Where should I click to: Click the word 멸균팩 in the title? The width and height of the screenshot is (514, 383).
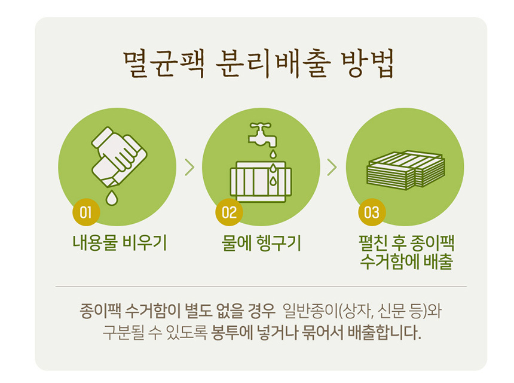(x=164, y=63)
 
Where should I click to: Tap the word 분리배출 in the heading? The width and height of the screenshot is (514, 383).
(x=273, y=63)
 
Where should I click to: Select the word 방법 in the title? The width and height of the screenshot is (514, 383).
(x=367, y=63)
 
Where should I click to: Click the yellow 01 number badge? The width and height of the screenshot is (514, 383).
(x=86, y=212)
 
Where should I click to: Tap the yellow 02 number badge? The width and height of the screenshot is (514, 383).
(x=229, y=212)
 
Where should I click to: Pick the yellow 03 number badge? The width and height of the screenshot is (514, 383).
(x=372, y=212)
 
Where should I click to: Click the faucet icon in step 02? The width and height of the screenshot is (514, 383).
(x=263, y=135)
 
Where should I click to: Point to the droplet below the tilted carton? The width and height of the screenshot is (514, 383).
(x=112, y=197)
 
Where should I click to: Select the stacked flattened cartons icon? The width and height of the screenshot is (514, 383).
(x=406, y=171)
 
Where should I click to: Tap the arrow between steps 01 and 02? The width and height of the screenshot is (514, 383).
(x=189, y=168)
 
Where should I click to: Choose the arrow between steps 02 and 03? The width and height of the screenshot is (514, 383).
(x=332, y=168)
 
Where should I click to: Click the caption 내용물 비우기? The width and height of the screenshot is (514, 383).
(x=120, y=243)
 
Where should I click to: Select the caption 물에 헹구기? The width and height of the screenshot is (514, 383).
(x=261, y=243)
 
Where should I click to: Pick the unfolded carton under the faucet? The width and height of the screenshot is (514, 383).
(x=261, y=181)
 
